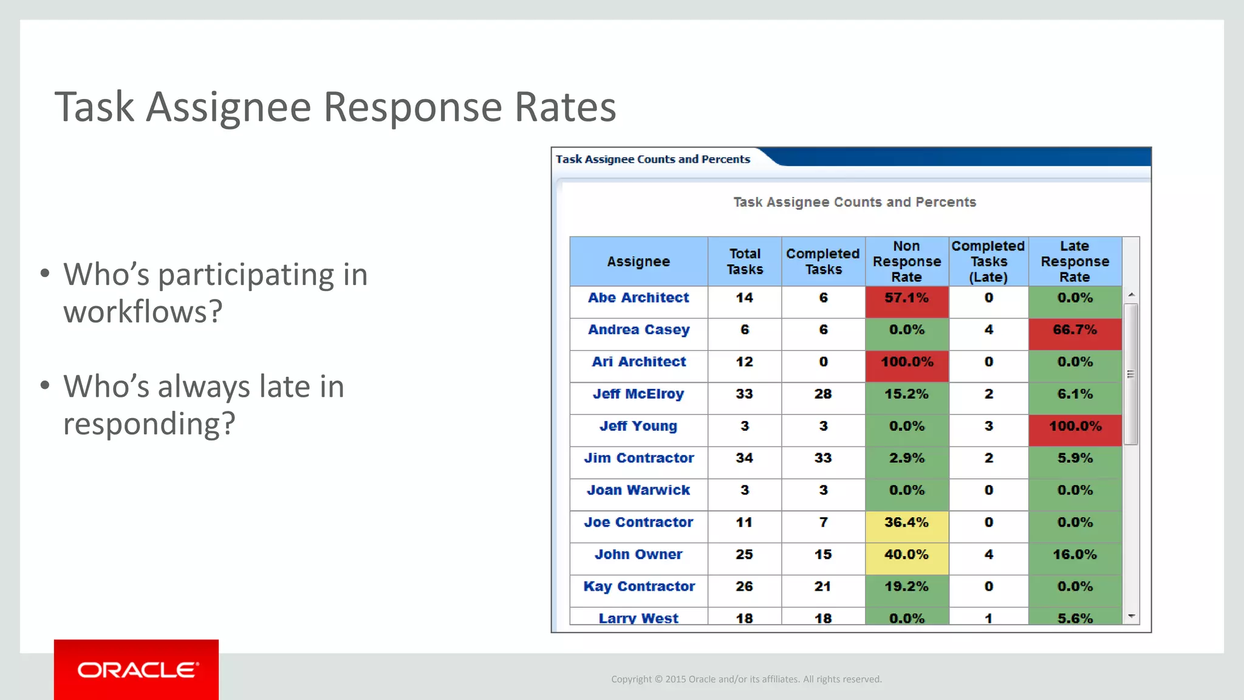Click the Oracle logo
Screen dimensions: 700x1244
click(x=137, y=670)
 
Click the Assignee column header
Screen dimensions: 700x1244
click(x=638, y=261)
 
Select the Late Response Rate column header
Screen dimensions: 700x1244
click(x=1075, y=261)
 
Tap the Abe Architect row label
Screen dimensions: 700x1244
click(x=638, y=298)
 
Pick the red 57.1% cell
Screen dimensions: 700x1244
click(x=906, y=298)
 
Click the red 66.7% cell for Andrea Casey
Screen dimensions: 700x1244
click(x=1075, y=330)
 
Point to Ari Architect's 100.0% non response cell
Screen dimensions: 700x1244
click(x=906, y=362)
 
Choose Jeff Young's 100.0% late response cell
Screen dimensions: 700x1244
click(x=1075, y=426)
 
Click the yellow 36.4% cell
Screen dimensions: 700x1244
click(x=906, y=523)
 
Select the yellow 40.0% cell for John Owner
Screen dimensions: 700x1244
click(x=906, y=555)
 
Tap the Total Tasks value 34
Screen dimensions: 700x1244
click(x=744, y=458)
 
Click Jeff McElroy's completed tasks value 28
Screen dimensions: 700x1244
click(x=823, y=394)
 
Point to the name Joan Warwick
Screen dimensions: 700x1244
click(x=638, y=490)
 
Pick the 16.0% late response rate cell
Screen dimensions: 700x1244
click(x=1075, y=555)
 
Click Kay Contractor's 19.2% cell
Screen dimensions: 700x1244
click(x=906, y=586)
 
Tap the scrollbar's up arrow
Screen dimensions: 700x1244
click(x=1131, y=295)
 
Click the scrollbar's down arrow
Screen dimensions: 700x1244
click(x=1131, y=616)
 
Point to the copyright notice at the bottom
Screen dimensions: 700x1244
click(x=746, y=679)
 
